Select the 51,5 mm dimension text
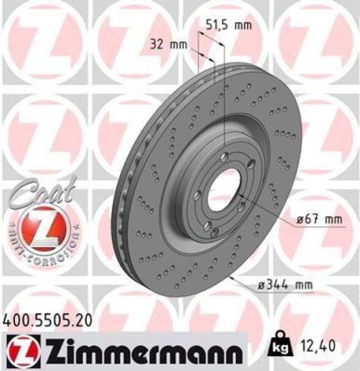[227, 24]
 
